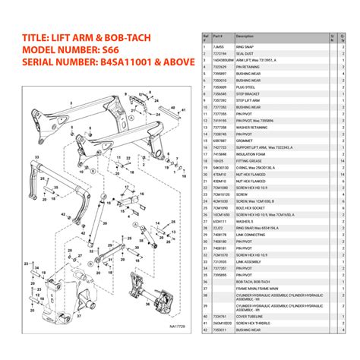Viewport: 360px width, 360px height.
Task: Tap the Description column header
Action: (246, 36)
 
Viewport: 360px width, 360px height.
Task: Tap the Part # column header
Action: (218, 36)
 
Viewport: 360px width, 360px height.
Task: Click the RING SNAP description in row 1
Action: (246, 47)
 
